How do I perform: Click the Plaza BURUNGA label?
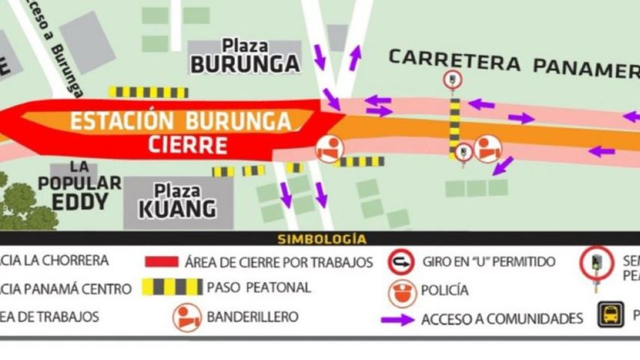point(245,57)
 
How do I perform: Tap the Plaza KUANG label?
point(177,200)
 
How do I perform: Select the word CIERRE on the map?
point(187,144)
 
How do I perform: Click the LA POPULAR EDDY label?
point(80,185)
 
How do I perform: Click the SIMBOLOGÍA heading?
point(322,240)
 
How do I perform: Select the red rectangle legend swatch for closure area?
point(161,262)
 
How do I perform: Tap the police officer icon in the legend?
point(401,290)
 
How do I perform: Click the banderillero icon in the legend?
point(187,317)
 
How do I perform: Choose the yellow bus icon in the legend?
point(610,315)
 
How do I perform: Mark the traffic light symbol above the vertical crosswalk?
point(452,79)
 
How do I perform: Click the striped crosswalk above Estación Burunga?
point(147,92)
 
